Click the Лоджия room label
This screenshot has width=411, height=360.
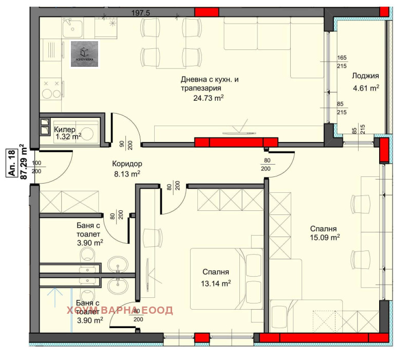[365, 76]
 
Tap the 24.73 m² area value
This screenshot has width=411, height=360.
[210, 98]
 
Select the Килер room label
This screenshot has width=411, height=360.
[65, 129]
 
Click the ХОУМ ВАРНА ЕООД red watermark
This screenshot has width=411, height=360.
[120, 310]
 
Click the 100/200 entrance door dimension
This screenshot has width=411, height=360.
[36, 167]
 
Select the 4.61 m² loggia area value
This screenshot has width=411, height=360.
[365, 88]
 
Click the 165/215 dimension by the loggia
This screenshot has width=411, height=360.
[342, 63]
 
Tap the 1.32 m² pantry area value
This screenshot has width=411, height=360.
[69, 136]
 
